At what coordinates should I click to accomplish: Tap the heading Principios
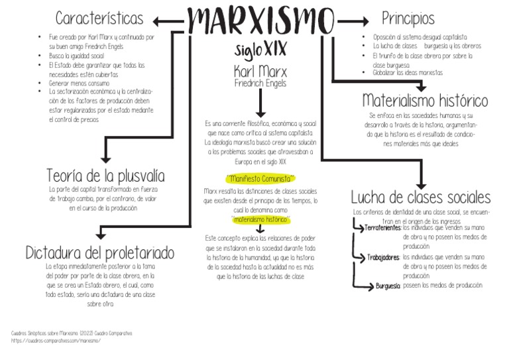coord(408,18)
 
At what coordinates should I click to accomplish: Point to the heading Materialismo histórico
coord(425,101)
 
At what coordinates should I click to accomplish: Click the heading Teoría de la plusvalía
coord(105,176)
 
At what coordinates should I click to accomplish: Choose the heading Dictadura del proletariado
coord(100,253)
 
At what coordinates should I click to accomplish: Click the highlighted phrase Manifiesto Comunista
coord(260,178)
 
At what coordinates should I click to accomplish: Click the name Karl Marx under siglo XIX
coord(260,71)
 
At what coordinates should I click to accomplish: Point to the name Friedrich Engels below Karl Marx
coord(260,84)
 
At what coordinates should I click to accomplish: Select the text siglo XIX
coord(261,49)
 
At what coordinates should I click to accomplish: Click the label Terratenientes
coord(382,228)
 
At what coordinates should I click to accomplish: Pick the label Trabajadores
coord(383,257)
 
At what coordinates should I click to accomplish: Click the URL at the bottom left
coord(56,340)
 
